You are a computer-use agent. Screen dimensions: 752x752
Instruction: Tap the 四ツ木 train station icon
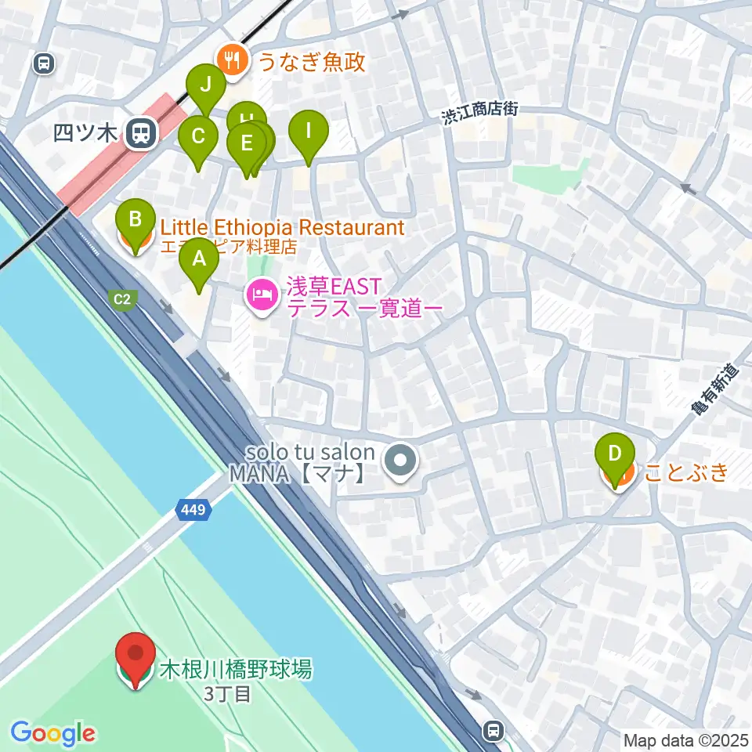tap(142, 132)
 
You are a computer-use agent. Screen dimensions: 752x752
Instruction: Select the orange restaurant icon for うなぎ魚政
tap(233, 60)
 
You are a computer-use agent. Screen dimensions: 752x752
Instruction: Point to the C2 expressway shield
tap(123, 298)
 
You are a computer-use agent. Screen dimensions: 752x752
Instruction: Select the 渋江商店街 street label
tap(479, 114)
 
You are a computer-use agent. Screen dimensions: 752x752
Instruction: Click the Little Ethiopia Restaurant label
tap(282, 228)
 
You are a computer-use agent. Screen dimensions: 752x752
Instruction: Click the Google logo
tap(52, 733)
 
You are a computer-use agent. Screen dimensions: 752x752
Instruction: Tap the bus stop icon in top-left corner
tap(44, 63)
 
